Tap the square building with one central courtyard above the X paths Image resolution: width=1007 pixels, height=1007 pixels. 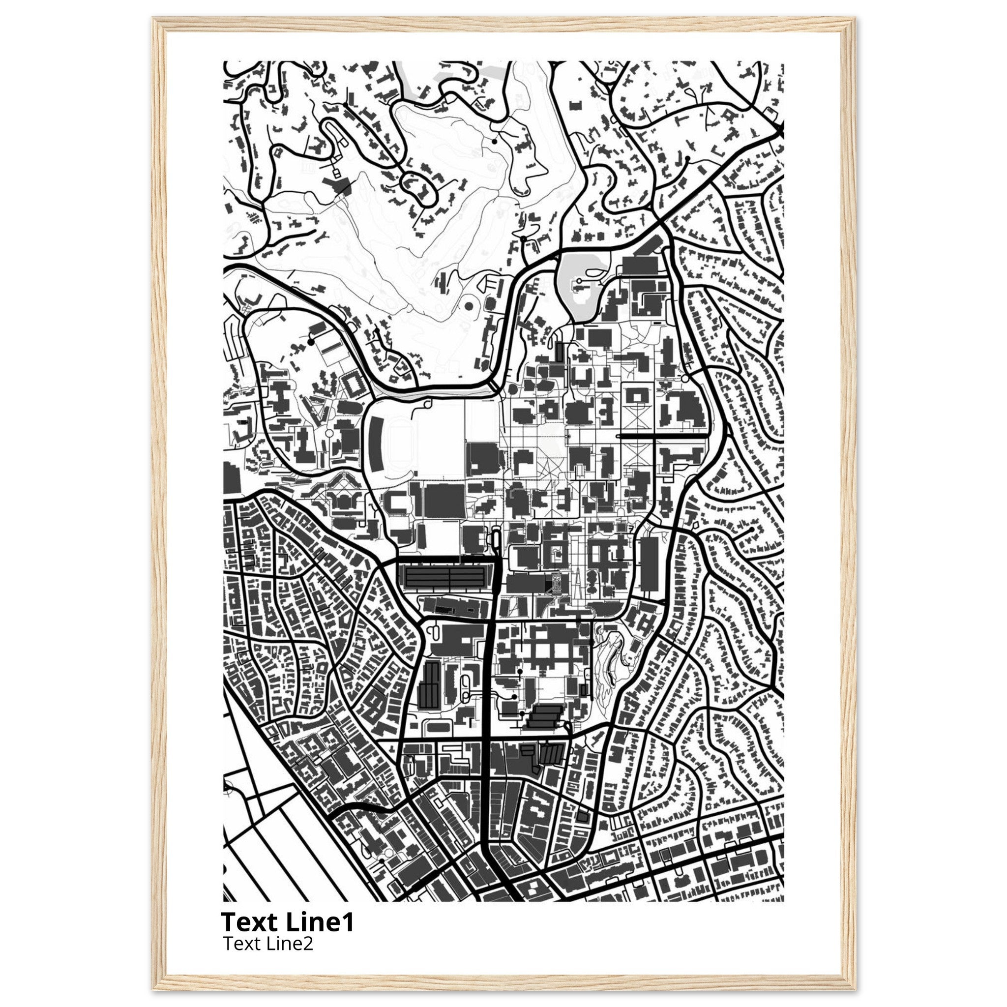tap(637, 397)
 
